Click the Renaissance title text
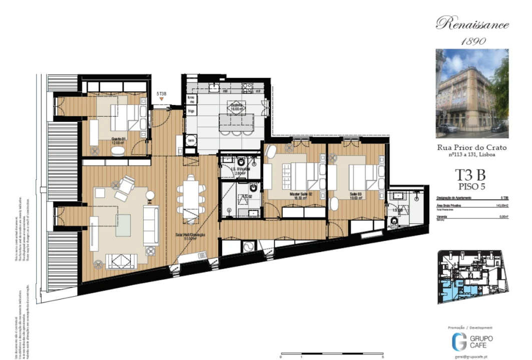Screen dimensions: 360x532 click(472, 24)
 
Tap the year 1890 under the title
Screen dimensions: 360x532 click(472, 41)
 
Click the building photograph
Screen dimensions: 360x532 click(472, 93)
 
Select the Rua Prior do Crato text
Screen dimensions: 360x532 click(472, 147)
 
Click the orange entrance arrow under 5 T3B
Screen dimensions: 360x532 click(161, 100)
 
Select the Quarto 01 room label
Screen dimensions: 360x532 click(118, 140)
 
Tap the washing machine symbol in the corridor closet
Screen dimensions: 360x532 click(248, 247)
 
